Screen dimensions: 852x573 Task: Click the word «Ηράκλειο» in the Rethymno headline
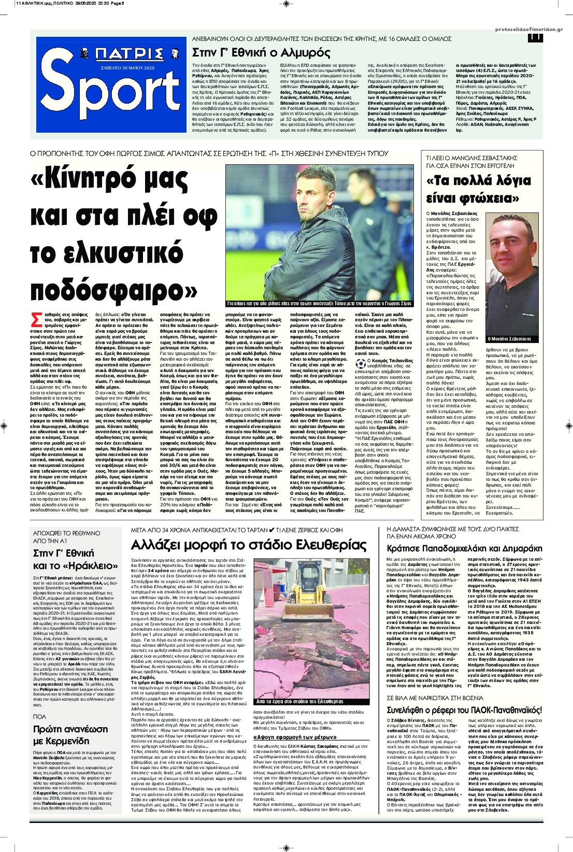pos(88,564)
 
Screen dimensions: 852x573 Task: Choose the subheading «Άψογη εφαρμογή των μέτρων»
pos(292,736)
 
